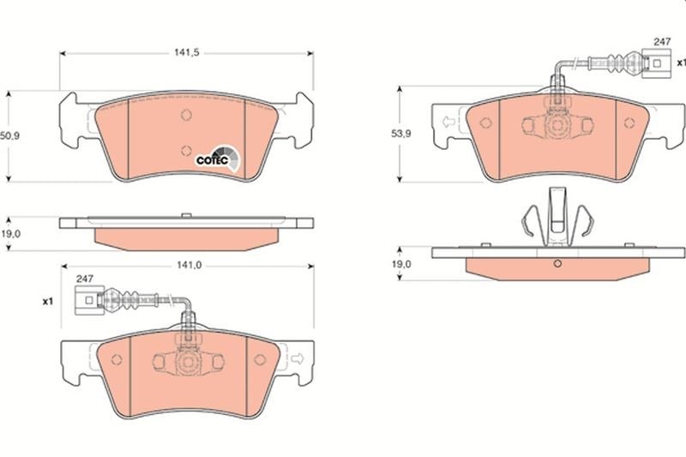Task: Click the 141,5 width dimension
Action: coord(187,52)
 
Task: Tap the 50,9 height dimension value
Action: coord(10,136)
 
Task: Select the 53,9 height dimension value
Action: coord(400,134)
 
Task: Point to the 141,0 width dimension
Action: coord(189,266)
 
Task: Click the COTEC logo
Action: coord(218,159)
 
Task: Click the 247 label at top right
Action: coord(662,41)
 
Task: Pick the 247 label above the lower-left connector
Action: coord(84,279)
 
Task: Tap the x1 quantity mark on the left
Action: coord(48,301)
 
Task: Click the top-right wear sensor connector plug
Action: coord(656,63)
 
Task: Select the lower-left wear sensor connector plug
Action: coord(89,300)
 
